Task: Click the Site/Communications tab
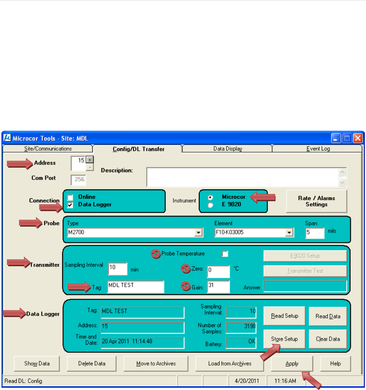(x=48, y=149)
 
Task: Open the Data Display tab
(x=227, y=149)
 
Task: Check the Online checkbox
(x=70, y=197)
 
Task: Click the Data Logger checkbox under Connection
(x=70, y=205)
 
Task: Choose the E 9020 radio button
(x=210, y=205)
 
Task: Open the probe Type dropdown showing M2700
(x=199, y=232)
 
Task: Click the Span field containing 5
(x=314, y=233)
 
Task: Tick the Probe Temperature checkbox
(x=225, y=253)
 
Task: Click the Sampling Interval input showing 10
(x=117, y=269)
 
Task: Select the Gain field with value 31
(x=218, y=286)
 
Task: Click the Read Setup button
(x=284, y=316)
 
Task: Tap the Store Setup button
(x=284, y=339)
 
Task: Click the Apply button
(x=292, y=364)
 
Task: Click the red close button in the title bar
(x=357, y=138)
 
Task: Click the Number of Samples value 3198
(x=241, y=326)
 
